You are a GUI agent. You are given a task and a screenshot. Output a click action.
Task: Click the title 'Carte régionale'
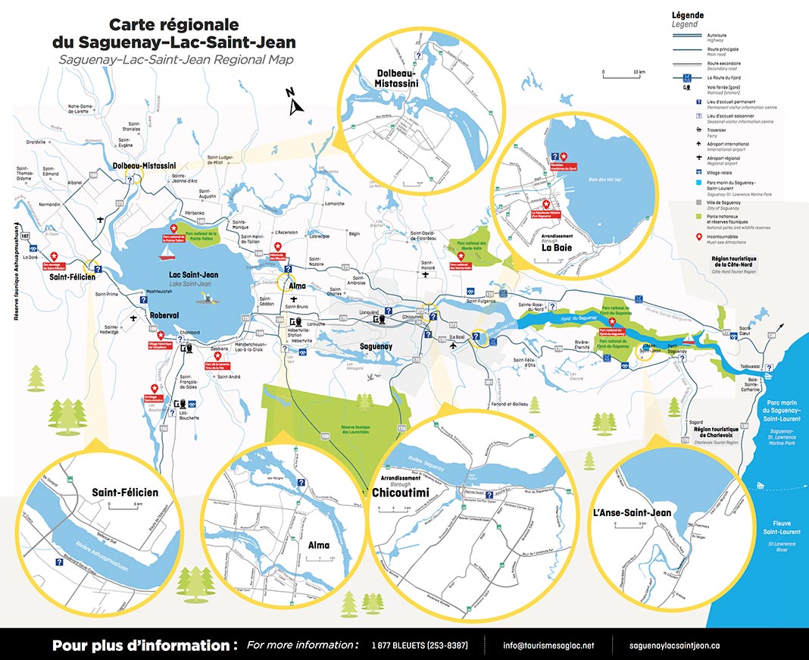[x=173, y=24]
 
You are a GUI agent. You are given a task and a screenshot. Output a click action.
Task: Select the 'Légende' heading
[x=688, y=14]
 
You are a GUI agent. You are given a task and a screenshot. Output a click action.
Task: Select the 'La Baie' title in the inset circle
[x=556, y=246]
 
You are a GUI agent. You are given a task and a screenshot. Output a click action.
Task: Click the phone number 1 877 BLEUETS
[x=419, y=646]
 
